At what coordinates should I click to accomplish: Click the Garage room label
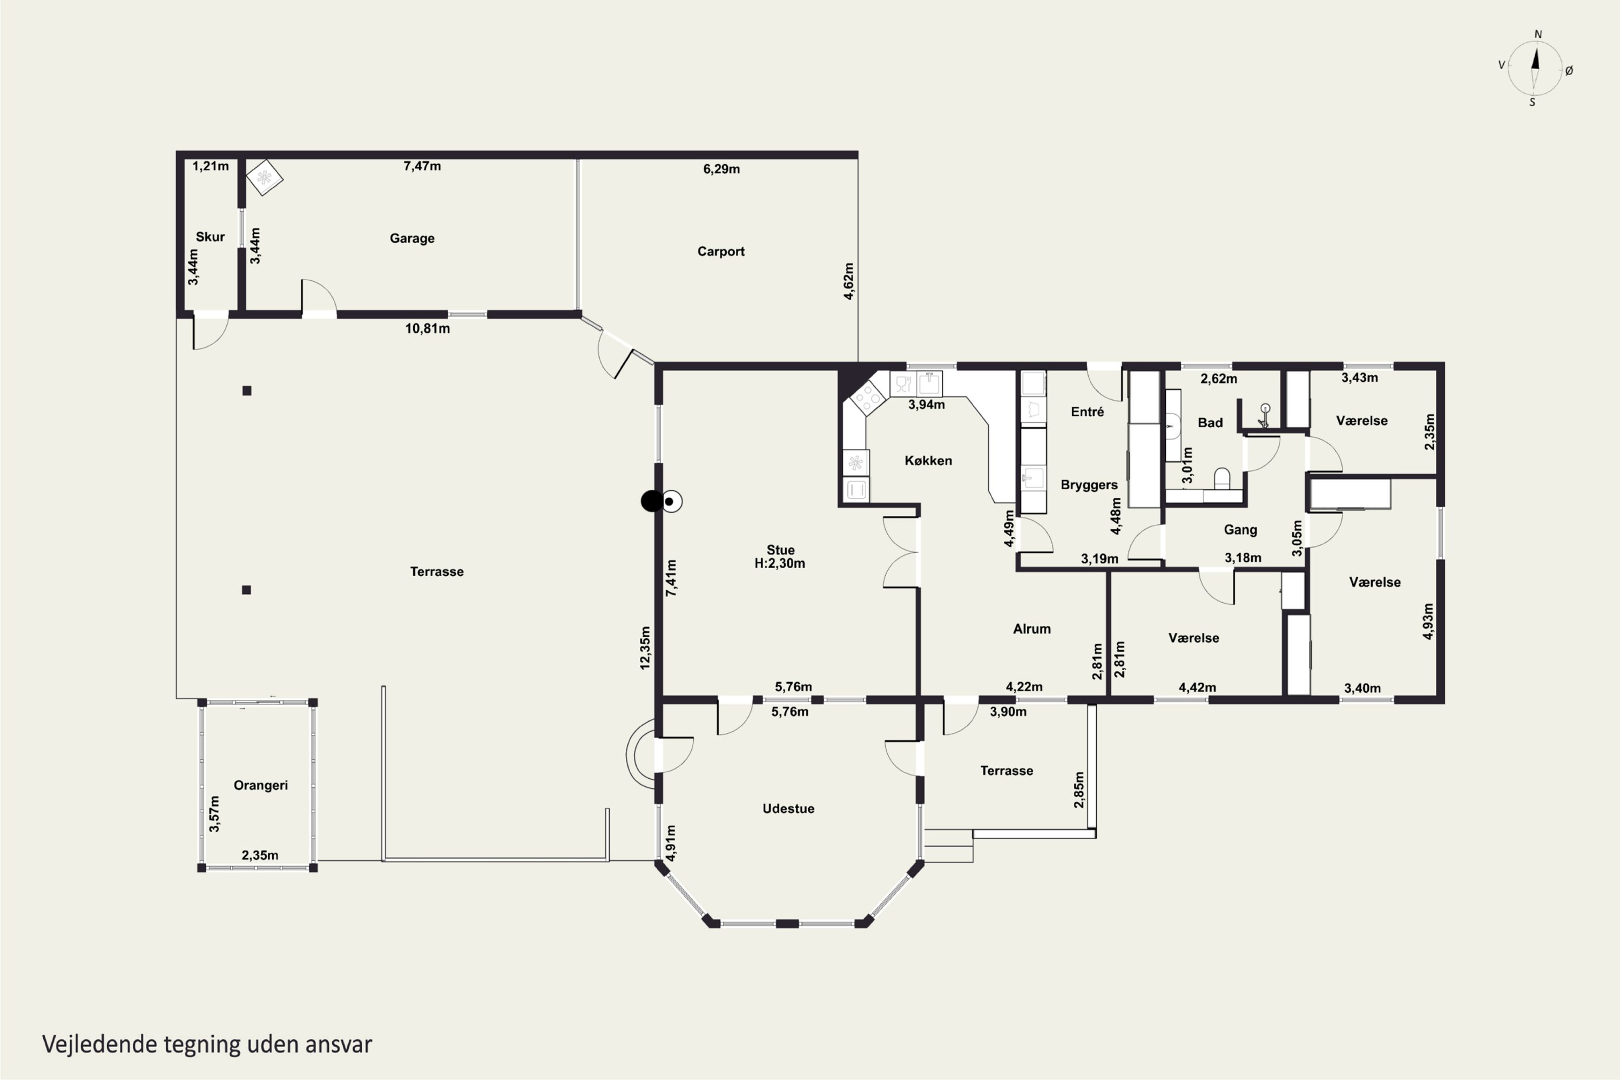[x=412, y=238]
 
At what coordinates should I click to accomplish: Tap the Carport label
[x=720, y=252]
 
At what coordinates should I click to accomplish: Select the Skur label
[x=210, y=237]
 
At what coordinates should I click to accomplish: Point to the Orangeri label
[x=260, y=785]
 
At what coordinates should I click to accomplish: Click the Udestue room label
[x=788, y=808]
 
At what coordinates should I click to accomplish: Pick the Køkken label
[x=928, y=461]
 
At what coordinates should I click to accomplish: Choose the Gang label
[x=1240, y=530]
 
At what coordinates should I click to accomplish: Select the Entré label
[x=1087, y=412]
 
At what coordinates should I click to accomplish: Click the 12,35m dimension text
[x=645, y=647]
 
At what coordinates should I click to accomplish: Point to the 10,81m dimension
[x=427, y=328]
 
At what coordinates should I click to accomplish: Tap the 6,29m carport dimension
[x=721, y=168]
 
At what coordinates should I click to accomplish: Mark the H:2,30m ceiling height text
[x=780, y=563]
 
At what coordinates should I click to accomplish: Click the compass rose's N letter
[x=1538, y=35]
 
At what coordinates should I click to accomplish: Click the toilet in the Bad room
[x=1222, y=478]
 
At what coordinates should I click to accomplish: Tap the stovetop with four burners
[x=867, y=397]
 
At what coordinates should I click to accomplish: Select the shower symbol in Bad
[x=1264, y=416]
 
